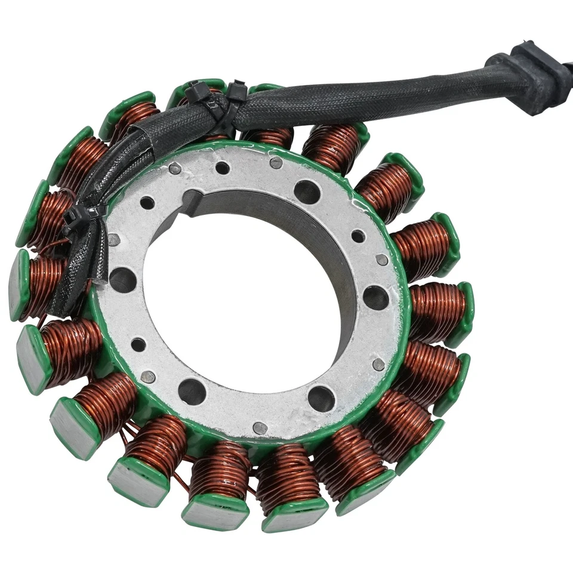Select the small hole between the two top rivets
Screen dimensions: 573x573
pos(222,168)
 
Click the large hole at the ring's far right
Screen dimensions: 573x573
pos(375,297)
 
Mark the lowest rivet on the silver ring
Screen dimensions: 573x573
pos(260,427)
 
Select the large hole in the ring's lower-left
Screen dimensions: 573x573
pos(192,391)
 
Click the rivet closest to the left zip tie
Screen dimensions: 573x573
pos(113,239)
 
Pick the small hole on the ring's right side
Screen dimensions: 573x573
pos(358,236)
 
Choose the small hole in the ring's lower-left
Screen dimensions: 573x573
pos(138,344)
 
